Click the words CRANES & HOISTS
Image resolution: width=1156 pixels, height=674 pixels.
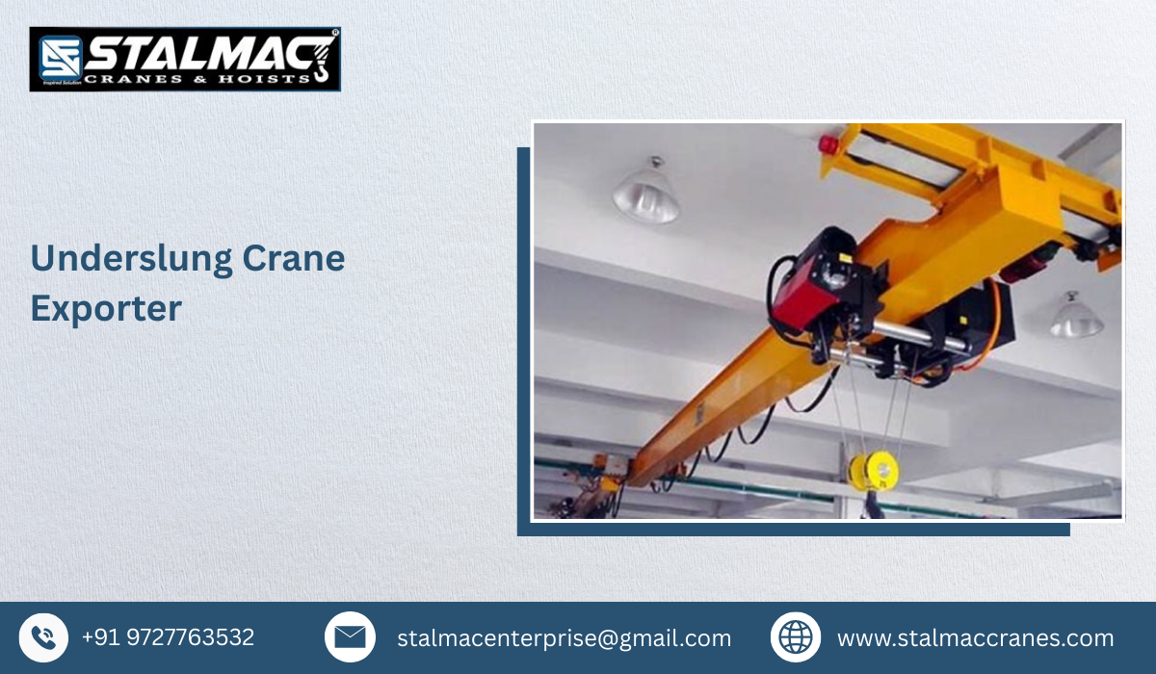[x=197, y=77]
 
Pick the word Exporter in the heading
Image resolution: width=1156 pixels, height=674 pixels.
[x=106, y=308]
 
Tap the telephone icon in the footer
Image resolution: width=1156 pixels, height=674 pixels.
[x=43, y=637]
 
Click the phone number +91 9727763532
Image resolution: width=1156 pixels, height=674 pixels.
[x=169, y=637]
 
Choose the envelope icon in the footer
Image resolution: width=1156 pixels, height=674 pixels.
[x=350, y=637]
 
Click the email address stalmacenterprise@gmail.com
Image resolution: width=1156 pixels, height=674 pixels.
[x=564, y=638]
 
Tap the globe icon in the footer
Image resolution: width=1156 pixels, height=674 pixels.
[x=796, y=637]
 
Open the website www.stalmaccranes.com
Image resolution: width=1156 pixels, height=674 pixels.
[x=975, y=638]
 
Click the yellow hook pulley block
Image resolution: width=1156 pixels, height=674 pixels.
[x=872, y=471]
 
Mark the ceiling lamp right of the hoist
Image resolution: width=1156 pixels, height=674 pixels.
[x=1076, y=319]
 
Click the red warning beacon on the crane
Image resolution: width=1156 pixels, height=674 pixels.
[x=827, y=144]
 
